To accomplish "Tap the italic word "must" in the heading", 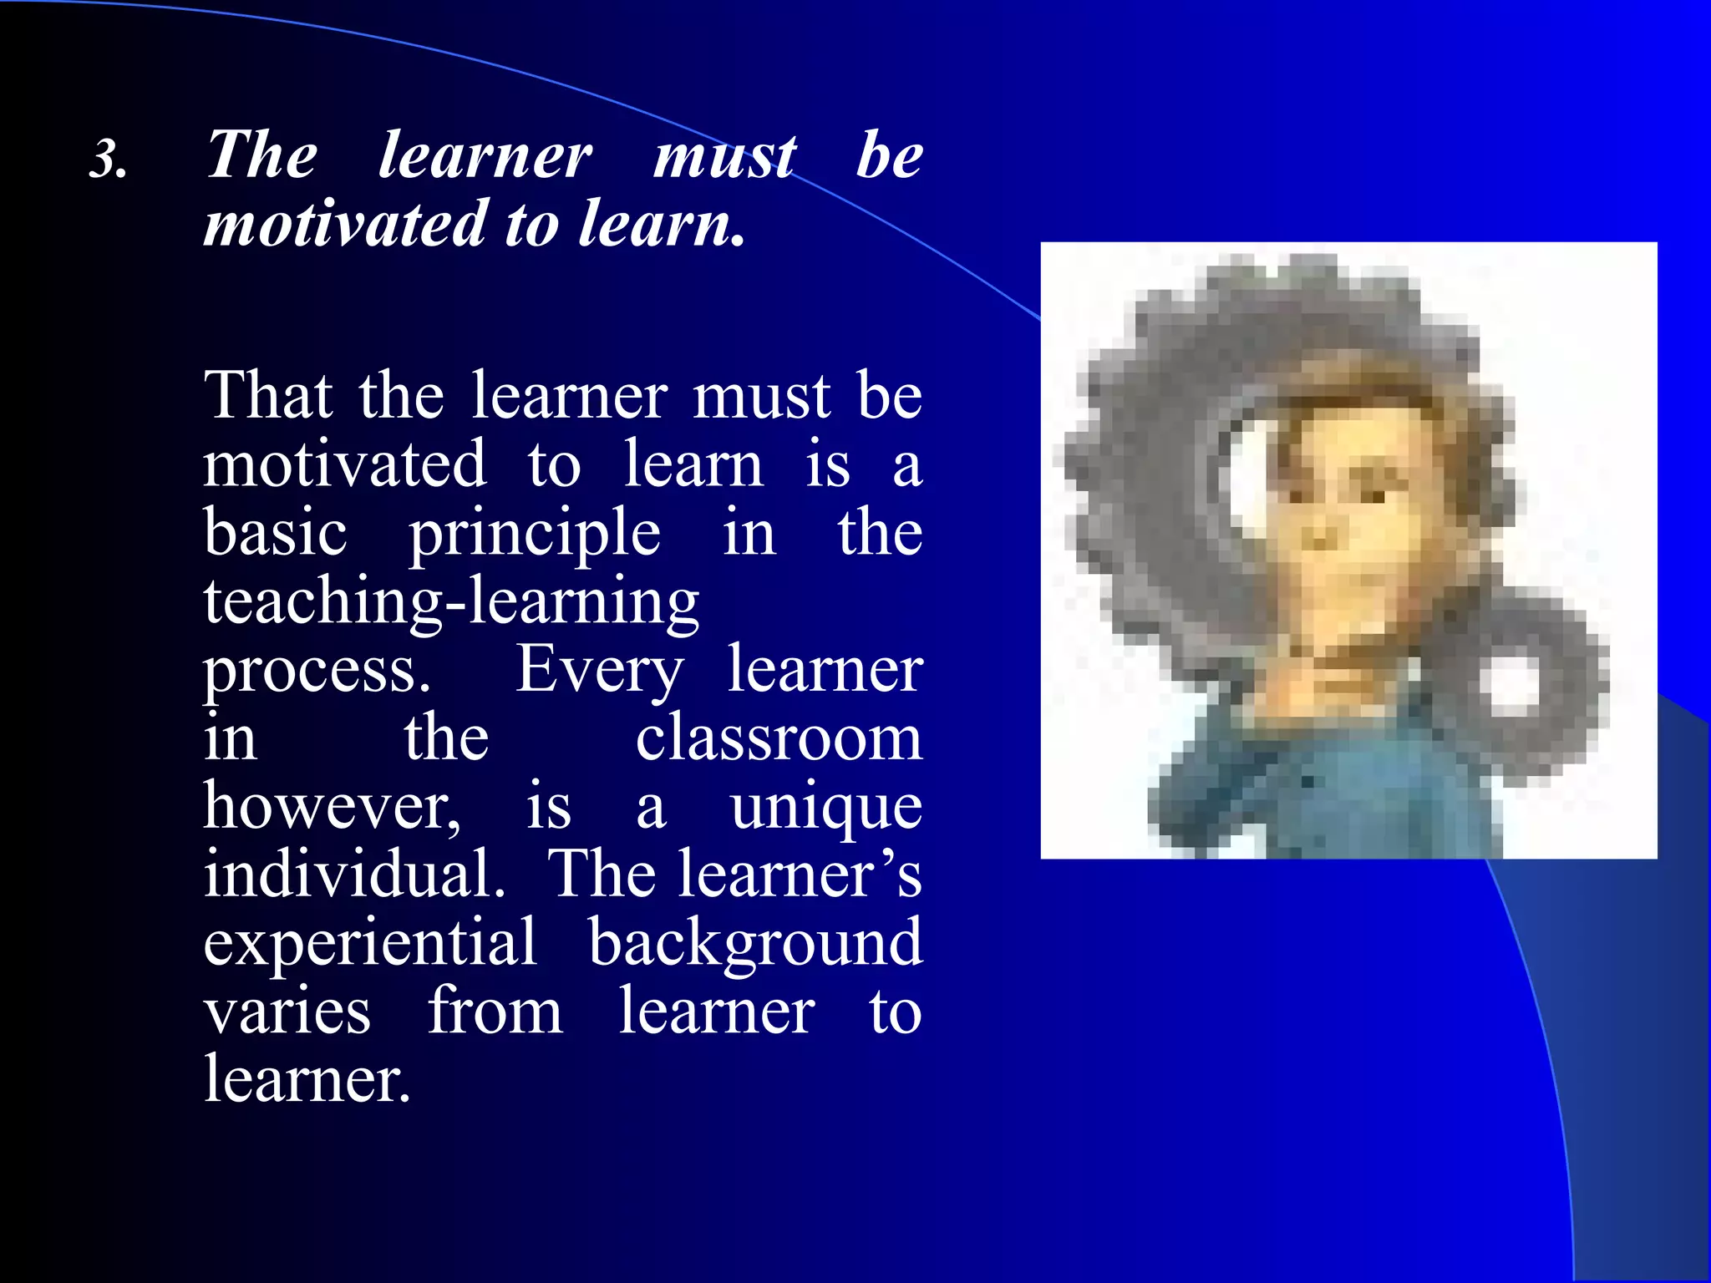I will click(x=724, y=156).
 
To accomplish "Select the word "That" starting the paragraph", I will click(x=268, y=395).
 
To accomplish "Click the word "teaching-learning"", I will click(x=451, y=601).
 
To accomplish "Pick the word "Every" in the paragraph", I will click(x=599, y=670).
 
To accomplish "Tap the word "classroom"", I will click(x=779, y=738).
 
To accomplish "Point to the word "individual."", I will click(x=354, y=874).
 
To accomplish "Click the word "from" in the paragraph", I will click(x=495, y=1011).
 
